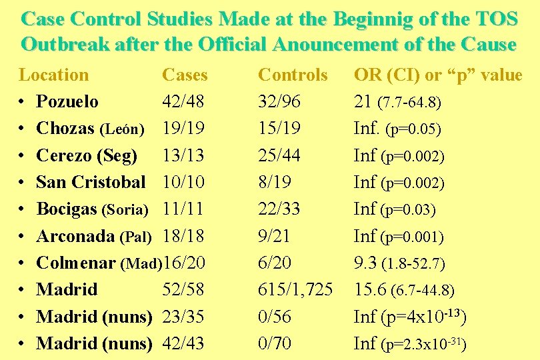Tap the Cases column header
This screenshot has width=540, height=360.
tap(185, 75)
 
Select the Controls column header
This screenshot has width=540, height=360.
tap(293, 75)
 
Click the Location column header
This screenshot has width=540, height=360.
tap(54, 75)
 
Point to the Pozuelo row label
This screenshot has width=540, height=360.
tap(67, 102)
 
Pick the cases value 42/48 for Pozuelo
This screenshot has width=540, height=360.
tap(183, 102)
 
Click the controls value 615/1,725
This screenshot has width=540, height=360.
tap(295, 289)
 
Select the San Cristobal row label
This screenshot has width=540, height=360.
tap(91, 182)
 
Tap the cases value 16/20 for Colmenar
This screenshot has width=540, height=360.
tap(183, 263)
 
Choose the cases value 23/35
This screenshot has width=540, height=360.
tap(183, 317)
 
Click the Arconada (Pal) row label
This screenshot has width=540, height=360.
tap(94, 236)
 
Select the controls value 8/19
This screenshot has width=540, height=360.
tap(275, 182)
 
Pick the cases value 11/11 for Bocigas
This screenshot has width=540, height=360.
tap(183, 209)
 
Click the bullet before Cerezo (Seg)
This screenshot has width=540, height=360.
tap(22, 156)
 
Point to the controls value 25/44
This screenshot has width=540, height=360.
tap(279, 155)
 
